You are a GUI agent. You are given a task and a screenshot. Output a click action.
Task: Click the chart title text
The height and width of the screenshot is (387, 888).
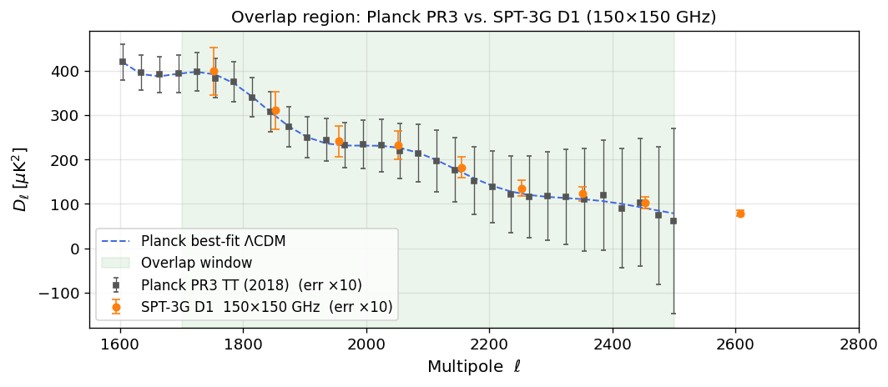(473, 17)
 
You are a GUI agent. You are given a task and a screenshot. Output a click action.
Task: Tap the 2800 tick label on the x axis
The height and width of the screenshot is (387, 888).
(858, 344)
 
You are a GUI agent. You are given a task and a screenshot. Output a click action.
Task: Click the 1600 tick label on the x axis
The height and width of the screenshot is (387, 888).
(119, 344)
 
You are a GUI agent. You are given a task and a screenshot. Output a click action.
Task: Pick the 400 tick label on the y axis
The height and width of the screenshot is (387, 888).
(68, 72)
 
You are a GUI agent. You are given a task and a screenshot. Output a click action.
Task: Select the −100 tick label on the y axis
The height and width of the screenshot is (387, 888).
(61, 294)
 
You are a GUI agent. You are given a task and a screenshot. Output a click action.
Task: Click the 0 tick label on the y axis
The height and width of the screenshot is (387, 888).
(75, 249)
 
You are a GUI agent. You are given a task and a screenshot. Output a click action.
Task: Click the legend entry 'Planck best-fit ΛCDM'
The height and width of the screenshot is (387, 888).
(214, 242)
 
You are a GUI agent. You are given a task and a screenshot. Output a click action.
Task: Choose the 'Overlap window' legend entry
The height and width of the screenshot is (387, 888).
(197, 264)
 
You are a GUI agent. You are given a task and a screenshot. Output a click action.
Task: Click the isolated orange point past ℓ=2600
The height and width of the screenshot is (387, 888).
(740, 214)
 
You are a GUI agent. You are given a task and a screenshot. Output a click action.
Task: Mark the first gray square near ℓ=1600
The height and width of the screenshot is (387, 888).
(123, 62)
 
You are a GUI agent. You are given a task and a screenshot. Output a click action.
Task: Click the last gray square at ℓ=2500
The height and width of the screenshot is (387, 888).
(674, 221)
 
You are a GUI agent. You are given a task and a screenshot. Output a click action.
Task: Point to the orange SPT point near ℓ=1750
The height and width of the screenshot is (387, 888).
(214, 72)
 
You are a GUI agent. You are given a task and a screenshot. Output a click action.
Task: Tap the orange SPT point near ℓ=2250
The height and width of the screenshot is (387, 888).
(522, 189)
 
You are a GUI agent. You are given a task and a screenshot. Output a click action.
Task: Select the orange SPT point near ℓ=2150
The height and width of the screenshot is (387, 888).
(461, 168)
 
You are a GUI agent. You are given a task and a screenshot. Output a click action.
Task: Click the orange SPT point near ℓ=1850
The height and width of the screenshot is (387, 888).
(275, 110)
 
